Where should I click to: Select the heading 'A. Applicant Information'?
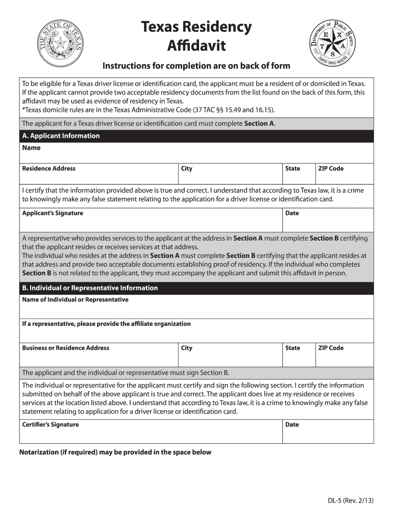pos(61,136)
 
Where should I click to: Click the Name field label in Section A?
pos(31,148)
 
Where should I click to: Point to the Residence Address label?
pos(48,169)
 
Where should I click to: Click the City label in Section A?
pos(187,169)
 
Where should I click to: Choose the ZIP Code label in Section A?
pos(331,169)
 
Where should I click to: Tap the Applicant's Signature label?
pos(53,213)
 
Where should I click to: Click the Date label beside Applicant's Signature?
pos(292,213)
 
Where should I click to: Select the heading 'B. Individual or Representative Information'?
pos(90,288)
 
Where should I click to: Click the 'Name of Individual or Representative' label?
pos(75,300)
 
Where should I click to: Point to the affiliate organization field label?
pos(106,324)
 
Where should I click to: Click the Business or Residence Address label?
pos(65,348)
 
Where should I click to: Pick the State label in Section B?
pos(292,348)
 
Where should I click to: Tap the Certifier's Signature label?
pos(51,424)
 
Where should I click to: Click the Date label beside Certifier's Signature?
pos(292,424)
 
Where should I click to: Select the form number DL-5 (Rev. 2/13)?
pos(351,501)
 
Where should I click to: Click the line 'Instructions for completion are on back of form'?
pos(196,66)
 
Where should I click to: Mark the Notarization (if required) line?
pos(115,452)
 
